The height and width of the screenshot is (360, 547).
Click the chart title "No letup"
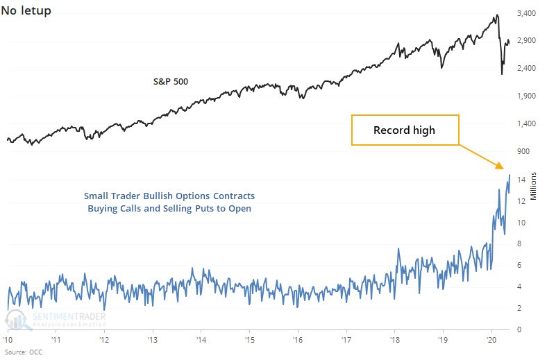coord(26,11)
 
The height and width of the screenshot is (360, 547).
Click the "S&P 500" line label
coord(171,82)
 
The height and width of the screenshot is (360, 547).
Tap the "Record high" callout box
coord(405,130)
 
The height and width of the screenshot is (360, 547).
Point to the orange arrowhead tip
coord(504,169)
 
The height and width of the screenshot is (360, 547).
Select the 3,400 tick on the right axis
coord(526,13)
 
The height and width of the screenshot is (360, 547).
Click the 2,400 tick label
coord(526,68)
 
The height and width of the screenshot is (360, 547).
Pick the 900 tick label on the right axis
coord(523,151)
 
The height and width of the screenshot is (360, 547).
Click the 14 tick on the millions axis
coord(521,180)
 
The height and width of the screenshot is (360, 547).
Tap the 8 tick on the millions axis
coord(519,243)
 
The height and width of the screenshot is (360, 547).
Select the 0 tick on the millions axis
coord(519,329)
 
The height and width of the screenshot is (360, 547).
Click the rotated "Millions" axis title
coord(533,186)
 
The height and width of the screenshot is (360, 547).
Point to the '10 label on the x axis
coord(8,340)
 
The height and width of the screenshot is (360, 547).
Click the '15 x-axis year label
coord(249,340)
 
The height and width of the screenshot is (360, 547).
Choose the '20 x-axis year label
coord(491,340)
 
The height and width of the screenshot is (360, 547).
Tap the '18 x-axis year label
coord(394,340)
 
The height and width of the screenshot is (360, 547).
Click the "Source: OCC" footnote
coord(24,352)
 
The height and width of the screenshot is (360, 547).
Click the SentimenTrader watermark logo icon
coord(17,319)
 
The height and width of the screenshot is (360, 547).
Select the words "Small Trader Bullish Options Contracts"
coord(169,196)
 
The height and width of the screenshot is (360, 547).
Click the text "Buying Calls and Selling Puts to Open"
coord(169,209)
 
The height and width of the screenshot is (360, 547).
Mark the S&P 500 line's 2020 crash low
coord(502,74)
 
